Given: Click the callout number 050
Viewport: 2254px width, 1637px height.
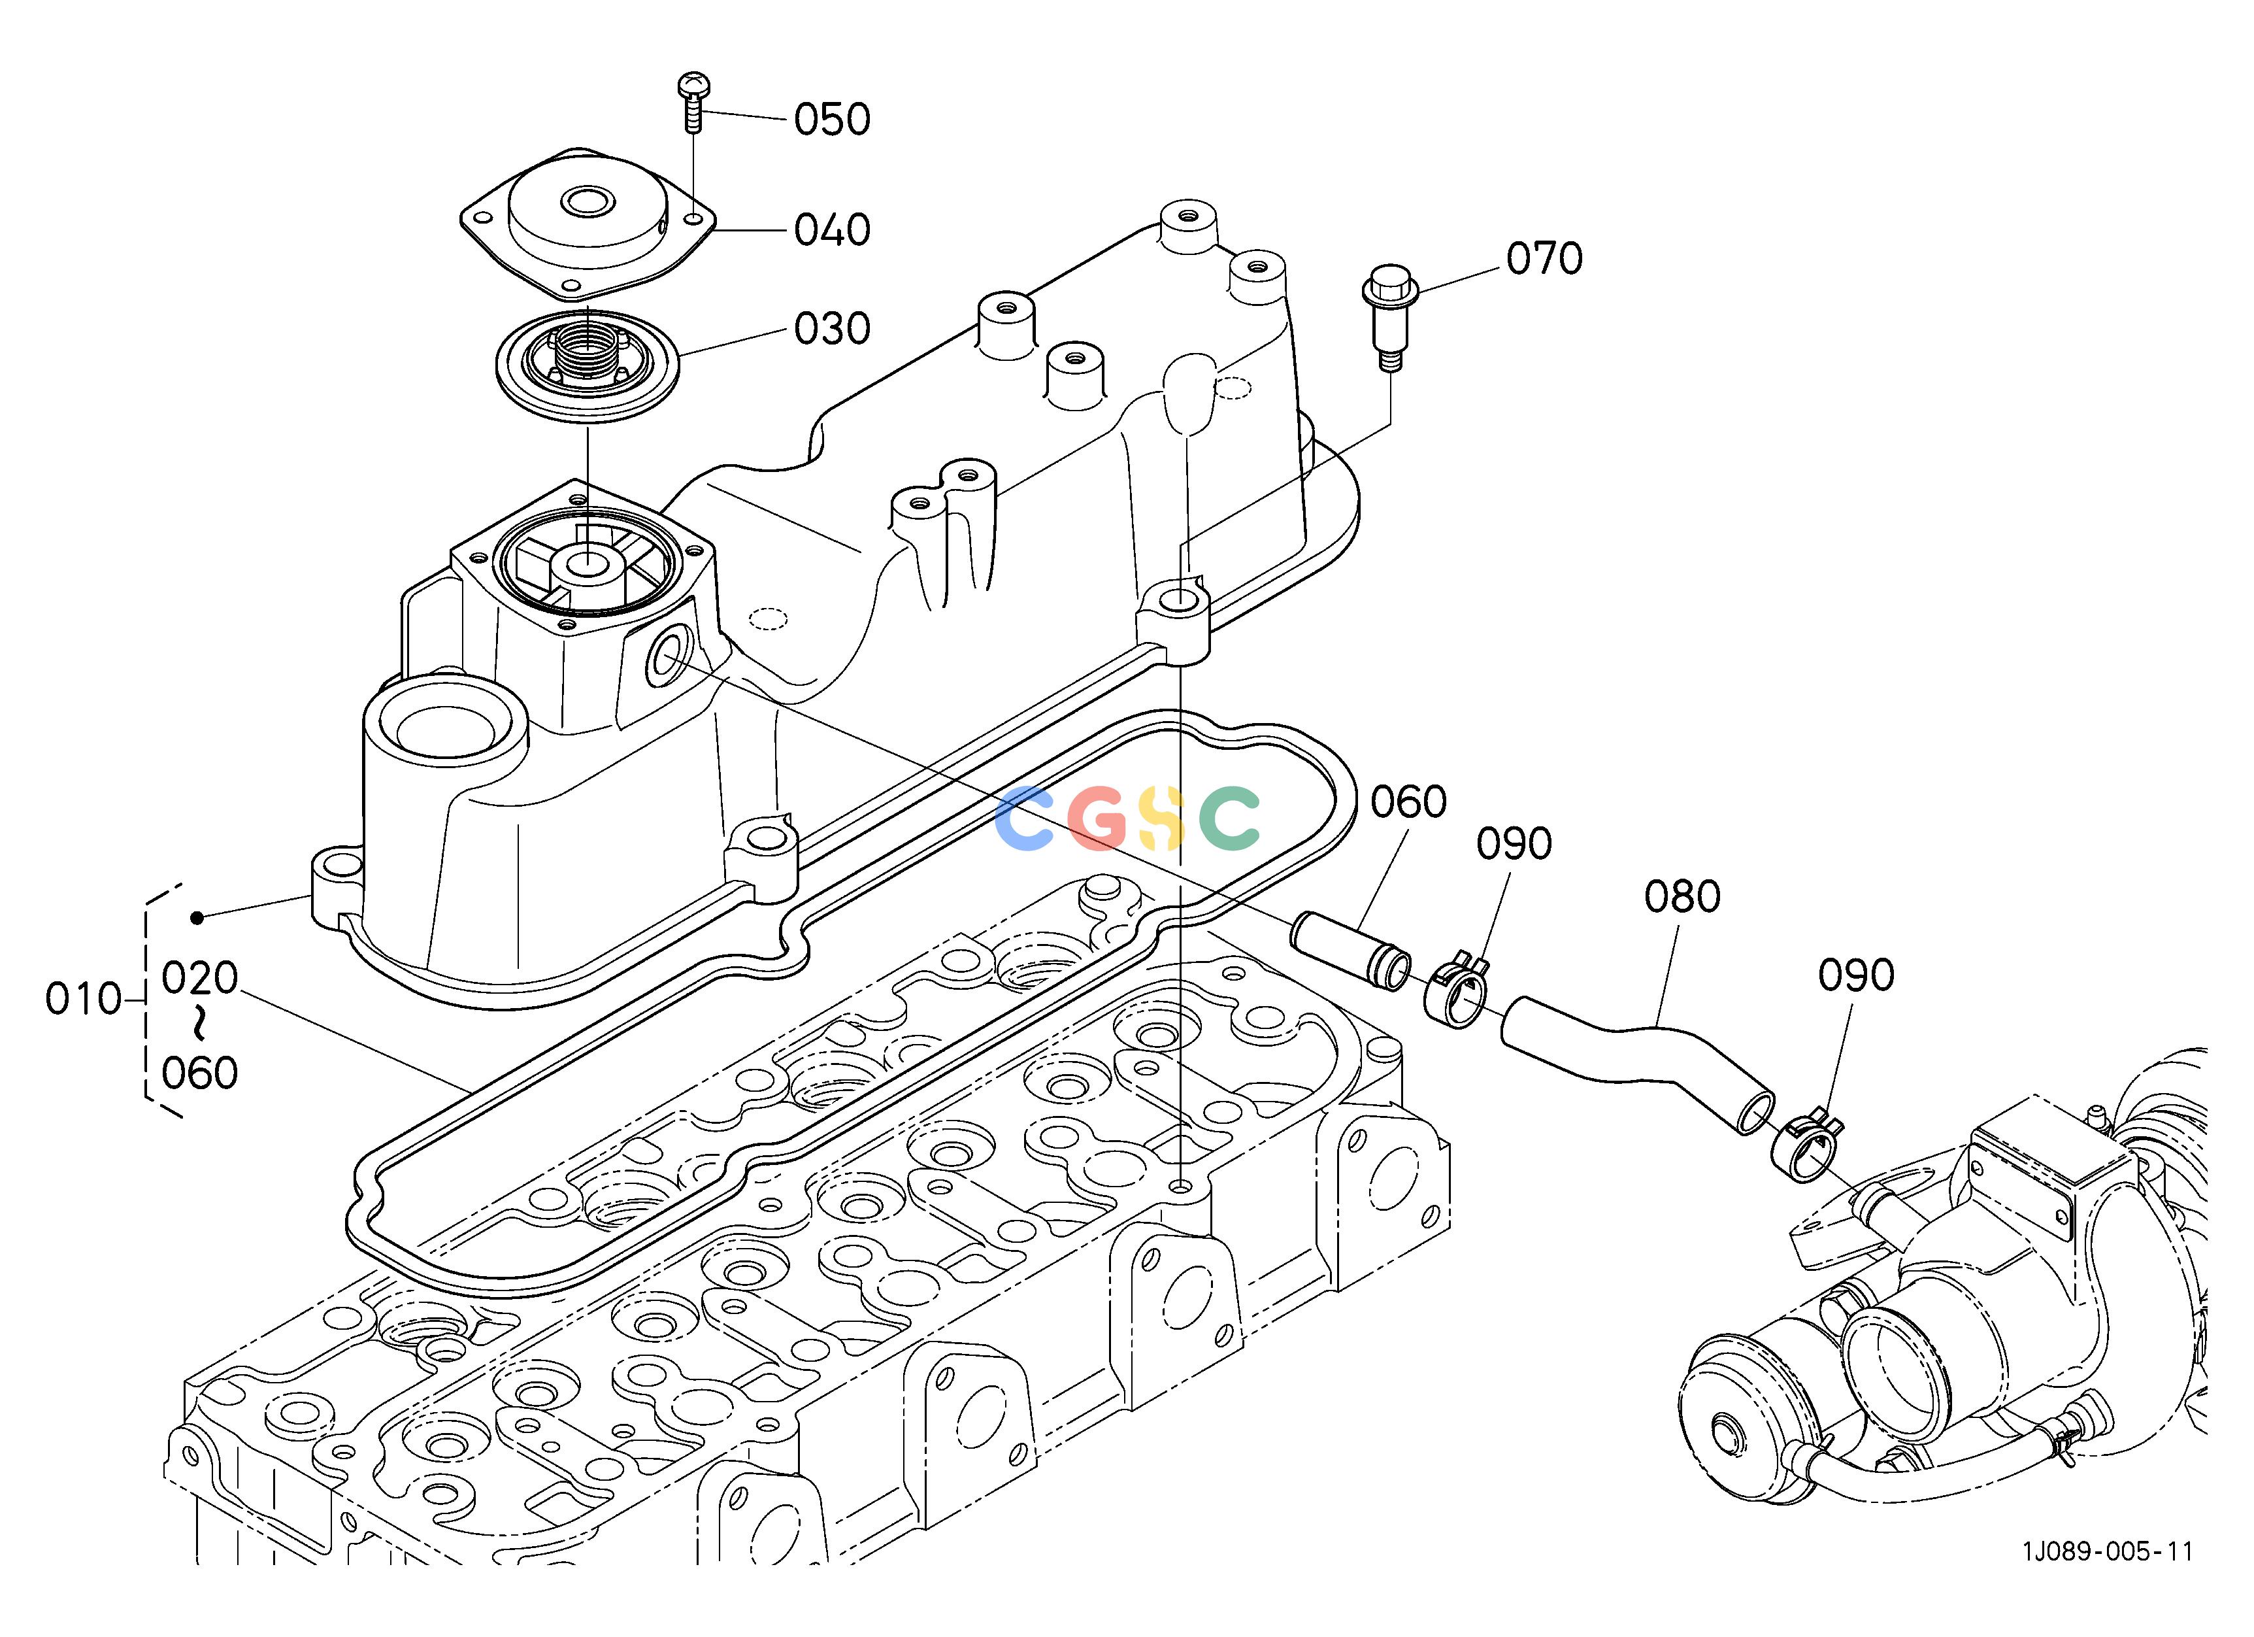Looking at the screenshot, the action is pos(832,119).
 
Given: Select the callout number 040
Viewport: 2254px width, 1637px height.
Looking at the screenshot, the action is pos(832,229).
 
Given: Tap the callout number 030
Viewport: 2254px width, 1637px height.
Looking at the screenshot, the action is pos(832,328).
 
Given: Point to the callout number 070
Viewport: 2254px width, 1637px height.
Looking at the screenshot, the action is pos(1544,258).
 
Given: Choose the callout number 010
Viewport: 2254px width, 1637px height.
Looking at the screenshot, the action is pos(84,999).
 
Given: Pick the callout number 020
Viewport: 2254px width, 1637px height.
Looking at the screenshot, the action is pos(200,978).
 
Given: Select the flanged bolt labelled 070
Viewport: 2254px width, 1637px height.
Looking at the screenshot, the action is pos(1388,316).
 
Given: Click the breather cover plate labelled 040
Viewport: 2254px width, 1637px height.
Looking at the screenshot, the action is pos(588,225).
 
